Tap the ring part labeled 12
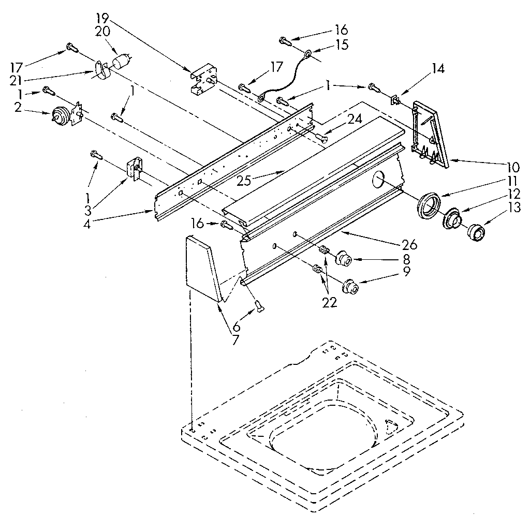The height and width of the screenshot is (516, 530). pyautogui.click(x=453, y=219)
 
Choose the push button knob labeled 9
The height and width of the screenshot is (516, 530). pyautogui.click(x=351, y=285)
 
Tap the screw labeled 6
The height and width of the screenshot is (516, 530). pyautogui.click(x=259, y=307)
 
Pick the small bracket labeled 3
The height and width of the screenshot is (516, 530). pyautogui.click(x=134, y=169)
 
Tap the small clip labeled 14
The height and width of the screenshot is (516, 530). pyautogui.click(x=396, y=99)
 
